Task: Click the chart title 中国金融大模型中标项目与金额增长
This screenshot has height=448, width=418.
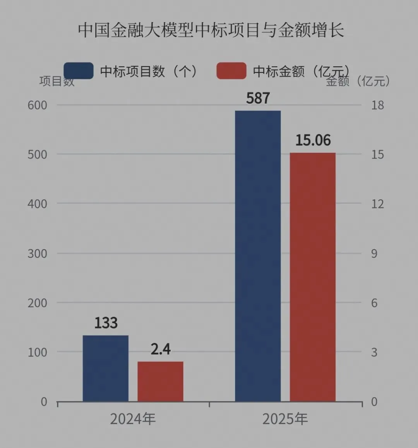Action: (211, 30)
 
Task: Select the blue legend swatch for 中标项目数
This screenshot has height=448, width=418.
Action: (79, 71)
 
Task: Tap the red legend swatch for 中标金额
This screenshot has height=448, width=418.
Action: (231, 71)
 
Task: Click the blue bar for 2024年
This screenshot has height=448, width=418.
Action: (106, 368)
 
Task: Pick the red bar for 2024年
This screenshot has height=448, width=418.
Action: (161, 381)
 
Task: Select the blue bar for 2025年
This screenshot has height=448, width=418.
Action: (258, 256)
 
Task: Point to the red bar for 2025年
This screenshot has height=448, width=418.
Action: (313, 277)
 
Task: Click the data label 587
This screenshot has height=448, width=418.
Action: (258, 98)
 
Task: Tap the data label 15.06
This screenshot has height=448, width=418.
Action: (313, 140)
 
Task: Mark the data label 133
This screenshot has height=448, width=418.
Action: (106, 323)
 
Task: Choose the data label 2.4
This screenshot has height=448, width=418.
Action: (161, 349)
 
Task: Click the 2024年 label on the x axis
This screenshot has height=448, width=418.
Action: (133, 419)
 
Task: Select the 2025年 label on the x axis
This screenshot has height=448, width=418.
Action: (285, 419)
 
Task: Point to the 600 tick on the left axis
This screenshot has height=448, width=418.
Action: (38, 105)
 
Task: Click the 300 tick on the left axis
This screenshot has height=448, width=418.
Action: (38, 253)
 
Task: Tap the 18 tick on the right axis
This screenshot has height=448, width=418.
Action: (377, 105)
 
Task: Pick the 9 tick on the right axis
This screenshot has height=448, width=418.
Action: (374, 253)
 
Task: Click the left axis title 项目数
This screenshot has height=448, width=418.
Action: (57, 81)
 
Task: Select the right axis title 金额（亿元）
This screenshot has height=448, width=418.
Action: (358, 81)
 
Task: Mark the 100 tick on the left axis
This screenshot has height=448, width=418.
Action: (38, 352)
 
